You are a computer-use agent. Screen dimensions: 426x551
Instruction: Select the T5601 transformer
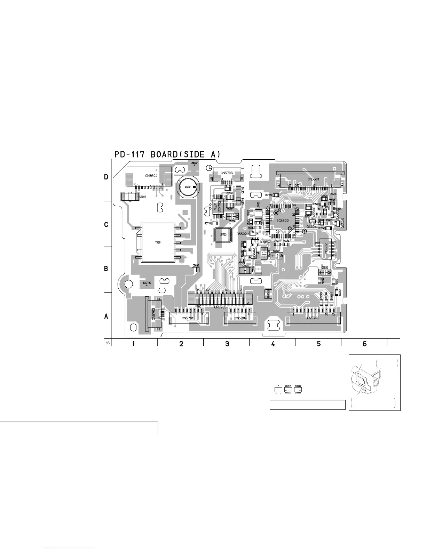(158, 242)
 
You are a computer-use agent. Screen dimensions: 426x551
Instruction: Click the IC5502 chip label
(283, 221)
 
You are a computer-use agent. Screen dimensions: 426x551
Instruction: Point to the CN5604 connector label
(151, 176)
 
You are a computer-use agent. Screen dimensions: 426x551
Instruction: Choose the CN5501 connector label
(314, 179)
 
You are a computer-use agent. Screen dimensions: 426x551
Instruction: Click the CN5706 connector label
(227, 173)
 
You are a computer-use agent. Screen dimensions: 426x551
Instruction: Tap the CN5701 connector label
(188, 318)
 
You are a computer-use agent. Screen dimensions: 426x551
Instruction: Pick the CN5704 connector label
(241, 318)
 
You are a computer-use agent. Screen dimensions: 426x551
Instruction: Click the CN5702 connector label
(313, 318)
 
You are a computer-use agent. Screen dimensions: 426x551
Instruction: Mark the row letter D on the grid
(106, 177)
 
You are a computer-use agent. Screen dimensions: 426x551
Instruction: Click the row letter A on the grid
(106, 317)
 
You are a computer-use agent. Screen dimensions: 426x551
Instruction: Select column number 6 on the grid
(364, 344)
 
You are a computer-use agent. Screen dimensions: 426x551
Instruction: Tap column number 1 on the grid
(134, 344)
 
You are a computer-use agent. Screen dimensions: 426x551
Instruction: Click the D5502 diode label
(242, 234)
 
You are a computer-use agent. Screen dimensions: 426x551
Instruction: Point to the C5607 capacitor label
(143, 197)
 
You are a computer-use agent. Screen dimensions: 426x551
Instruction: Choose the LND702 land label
(147, 283)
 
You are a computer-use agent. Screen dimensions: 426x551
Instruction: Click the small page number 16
(108, 343)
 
